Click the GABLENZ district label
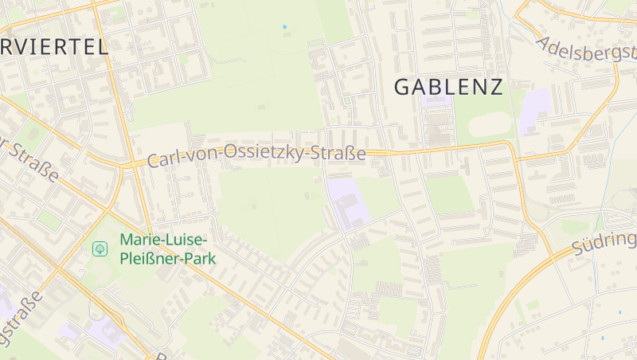tap(449, 87)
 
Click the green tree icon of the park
tap(100, 248)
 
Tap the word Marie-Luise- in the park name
tap(163, 240)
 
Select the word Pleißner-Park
tap(167, 258)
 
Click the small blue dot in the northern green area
tap(284, 27)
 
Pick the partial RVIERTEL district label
tap(54, 46)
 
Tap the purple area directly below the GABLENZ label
tap(436, 101)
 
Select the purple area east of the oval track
tap(535, 112)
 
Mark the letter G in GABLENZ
tap(404, 87)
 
